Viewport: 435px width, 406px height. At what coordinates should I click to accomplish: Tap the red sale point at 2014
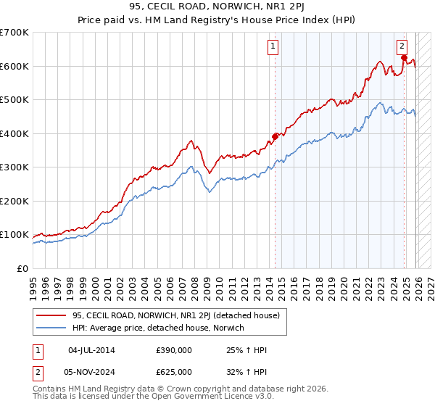(275, 136)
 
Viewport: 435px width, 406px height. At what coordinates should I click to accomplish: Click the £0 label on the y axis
(22, 268)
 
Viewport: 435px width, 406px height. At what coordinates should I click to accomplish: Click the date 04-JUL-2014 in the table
(91, 350)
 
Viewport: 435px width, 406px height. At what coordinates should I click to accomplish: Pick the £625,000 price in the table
(174, 371)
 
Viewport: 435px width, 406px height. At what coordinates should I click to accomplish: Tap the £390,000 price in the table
(174, 350)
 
